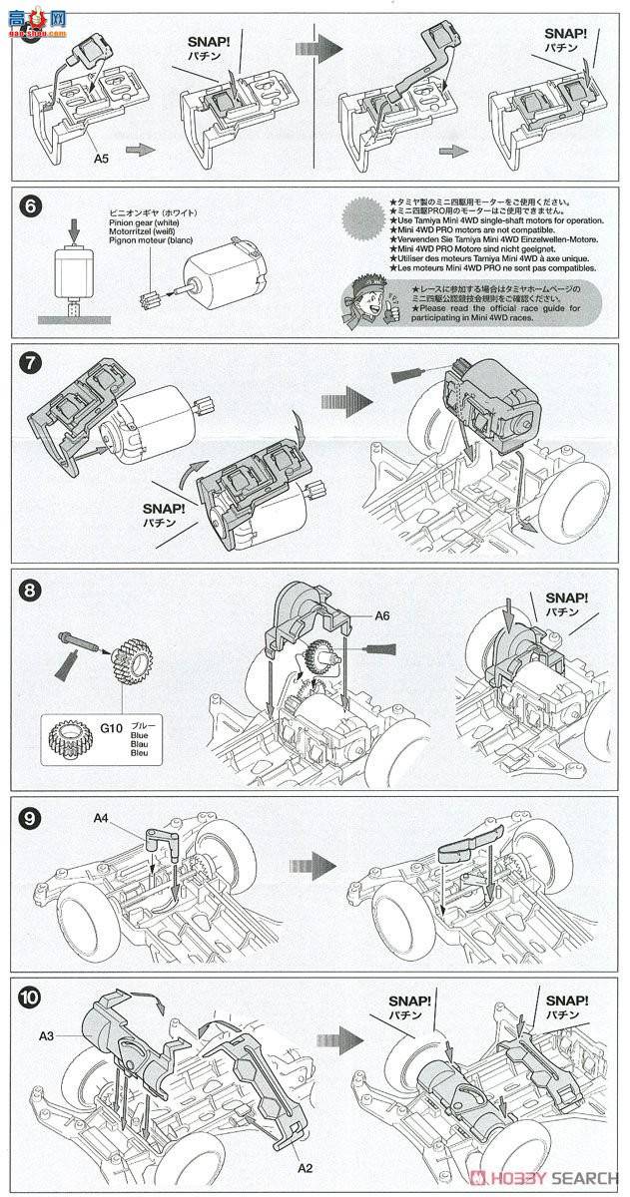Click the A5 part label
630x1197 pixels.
click(102, 157)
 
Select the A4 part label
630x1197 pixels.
click(102, 819)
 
